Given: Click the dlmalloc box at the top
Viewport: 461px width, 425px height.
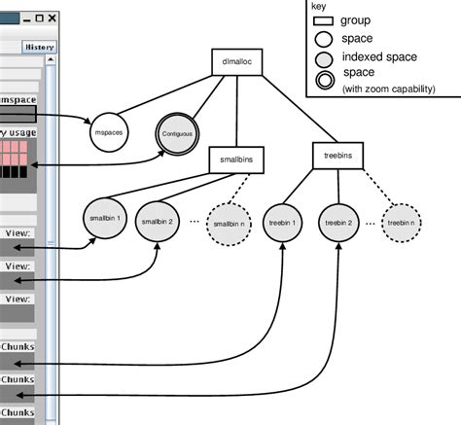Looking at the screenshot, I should click(237, 62).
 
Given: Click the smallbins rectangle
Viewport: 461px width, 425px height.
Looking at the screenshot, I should click(236, 160).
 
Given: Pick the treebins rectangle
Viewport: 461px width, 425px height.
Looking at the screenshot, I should click(337, 155).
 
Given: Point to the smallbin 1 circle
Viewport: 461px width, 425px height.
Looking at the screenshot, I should click(104, 221).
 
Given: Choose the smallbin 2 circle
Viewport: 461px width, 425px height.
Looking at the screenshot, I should click(158, 221).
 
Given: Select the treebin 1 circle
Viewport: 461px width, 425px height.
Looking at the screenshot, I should click(283, 221).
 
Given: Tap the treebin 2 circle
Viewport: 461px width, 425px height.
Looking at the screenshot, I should click(338, 221).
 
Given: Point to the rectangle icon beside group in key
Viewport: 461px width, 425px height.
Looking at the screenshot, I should click(322, 20).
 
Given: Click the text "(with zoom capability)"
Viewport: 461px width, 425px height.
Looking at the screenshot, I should click(388, 89).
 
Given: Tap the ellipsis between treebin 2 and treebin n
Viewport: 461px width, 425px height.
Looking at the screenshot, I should click(372, 222).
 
